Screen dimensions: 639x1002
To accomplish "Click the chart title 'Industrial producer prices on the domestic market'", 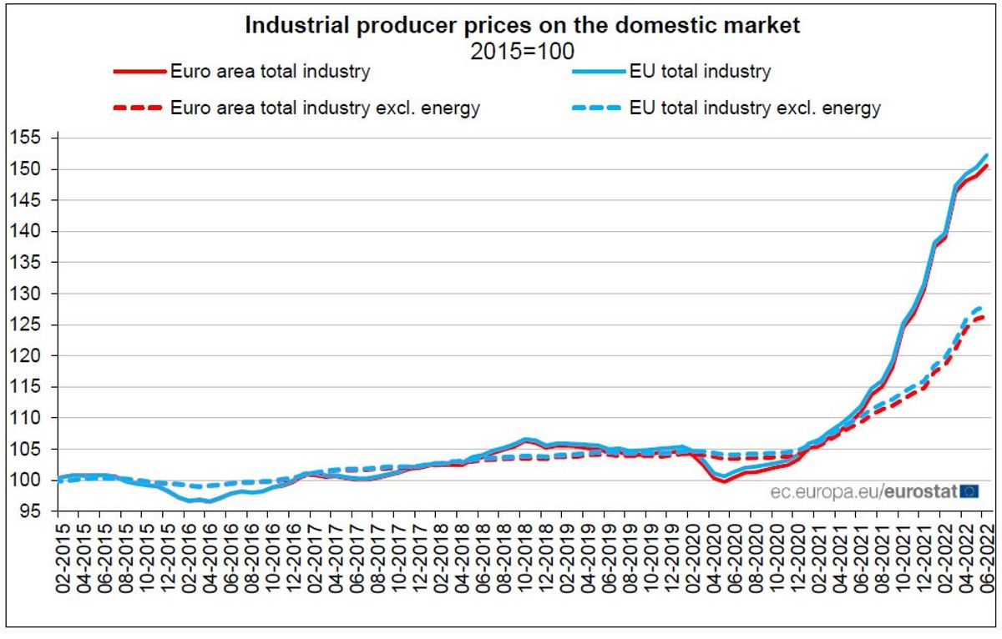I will pos(522,26).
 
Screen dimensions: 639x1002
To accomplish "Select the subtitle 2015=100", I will pos(522,50).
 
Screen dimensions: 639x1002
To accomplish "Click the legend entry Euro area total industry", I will pos(270,72).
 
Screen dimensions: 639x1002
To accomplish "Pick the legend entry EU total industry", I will pos(715,72).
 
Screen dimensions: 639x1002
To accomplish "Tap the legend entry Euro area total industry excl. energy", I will pos(324,108).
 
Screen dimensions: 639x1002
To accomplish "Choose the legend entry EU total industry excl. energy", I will pos(769,108).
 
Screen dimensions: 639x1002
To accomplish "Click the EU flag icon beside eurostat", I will pos(969,491).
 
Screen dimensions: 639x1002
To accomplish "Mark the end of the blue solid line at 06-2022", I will pos(987,154).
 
